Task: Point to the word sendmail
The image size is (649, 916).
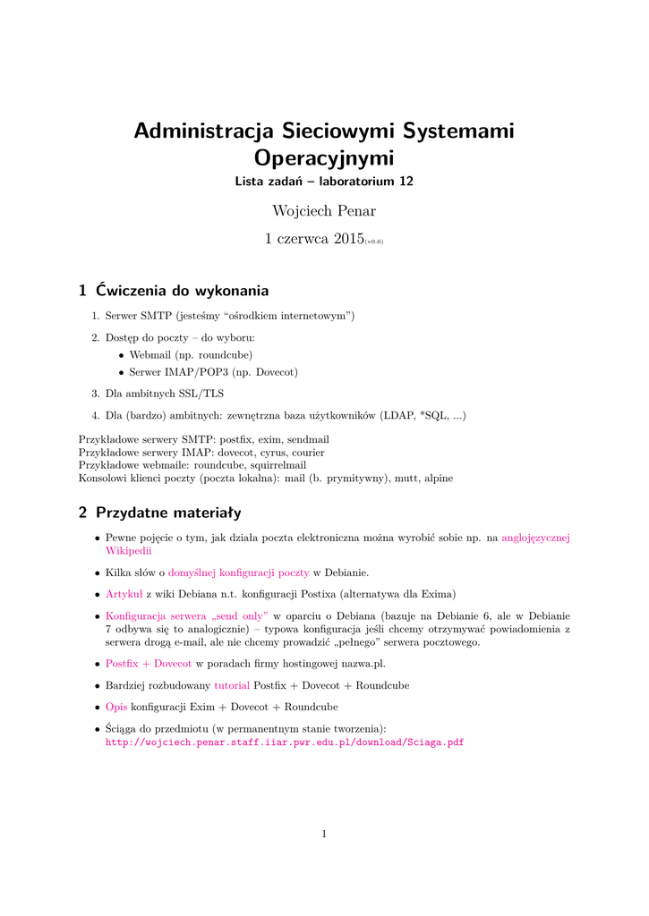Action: point(309,440)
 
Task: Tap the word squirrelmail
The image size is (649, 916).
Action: point(278,465)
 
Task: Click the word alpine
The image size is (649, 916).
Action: point(438,478)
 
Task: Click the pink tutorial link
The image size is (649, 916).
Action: point(232,685)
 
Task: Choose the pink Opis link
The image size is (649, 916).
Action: point(116,707)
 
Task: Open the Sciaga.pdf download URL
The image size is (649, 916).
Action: point(285,742)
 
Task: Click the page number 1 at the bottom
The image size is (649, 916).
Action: point(324,835)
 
